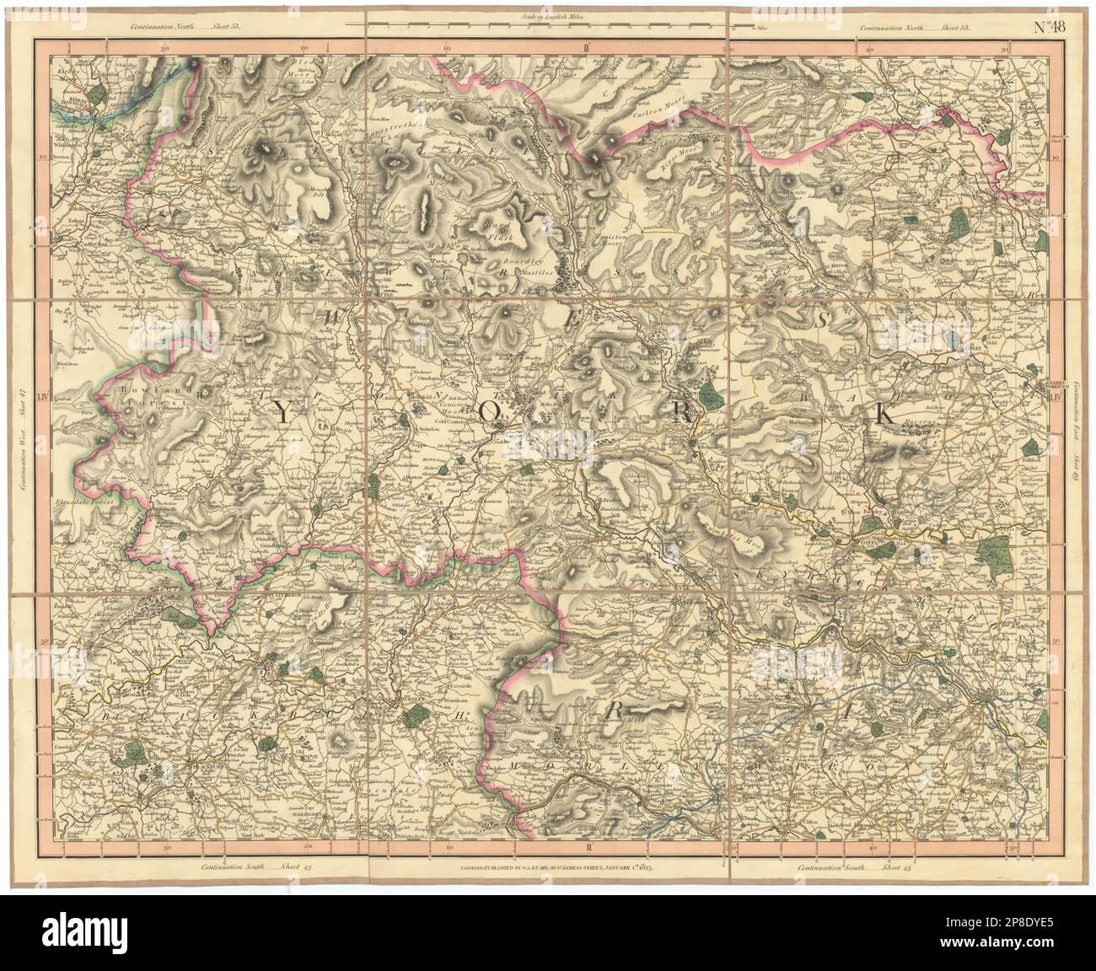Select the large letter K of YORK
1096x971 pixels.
885,412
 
